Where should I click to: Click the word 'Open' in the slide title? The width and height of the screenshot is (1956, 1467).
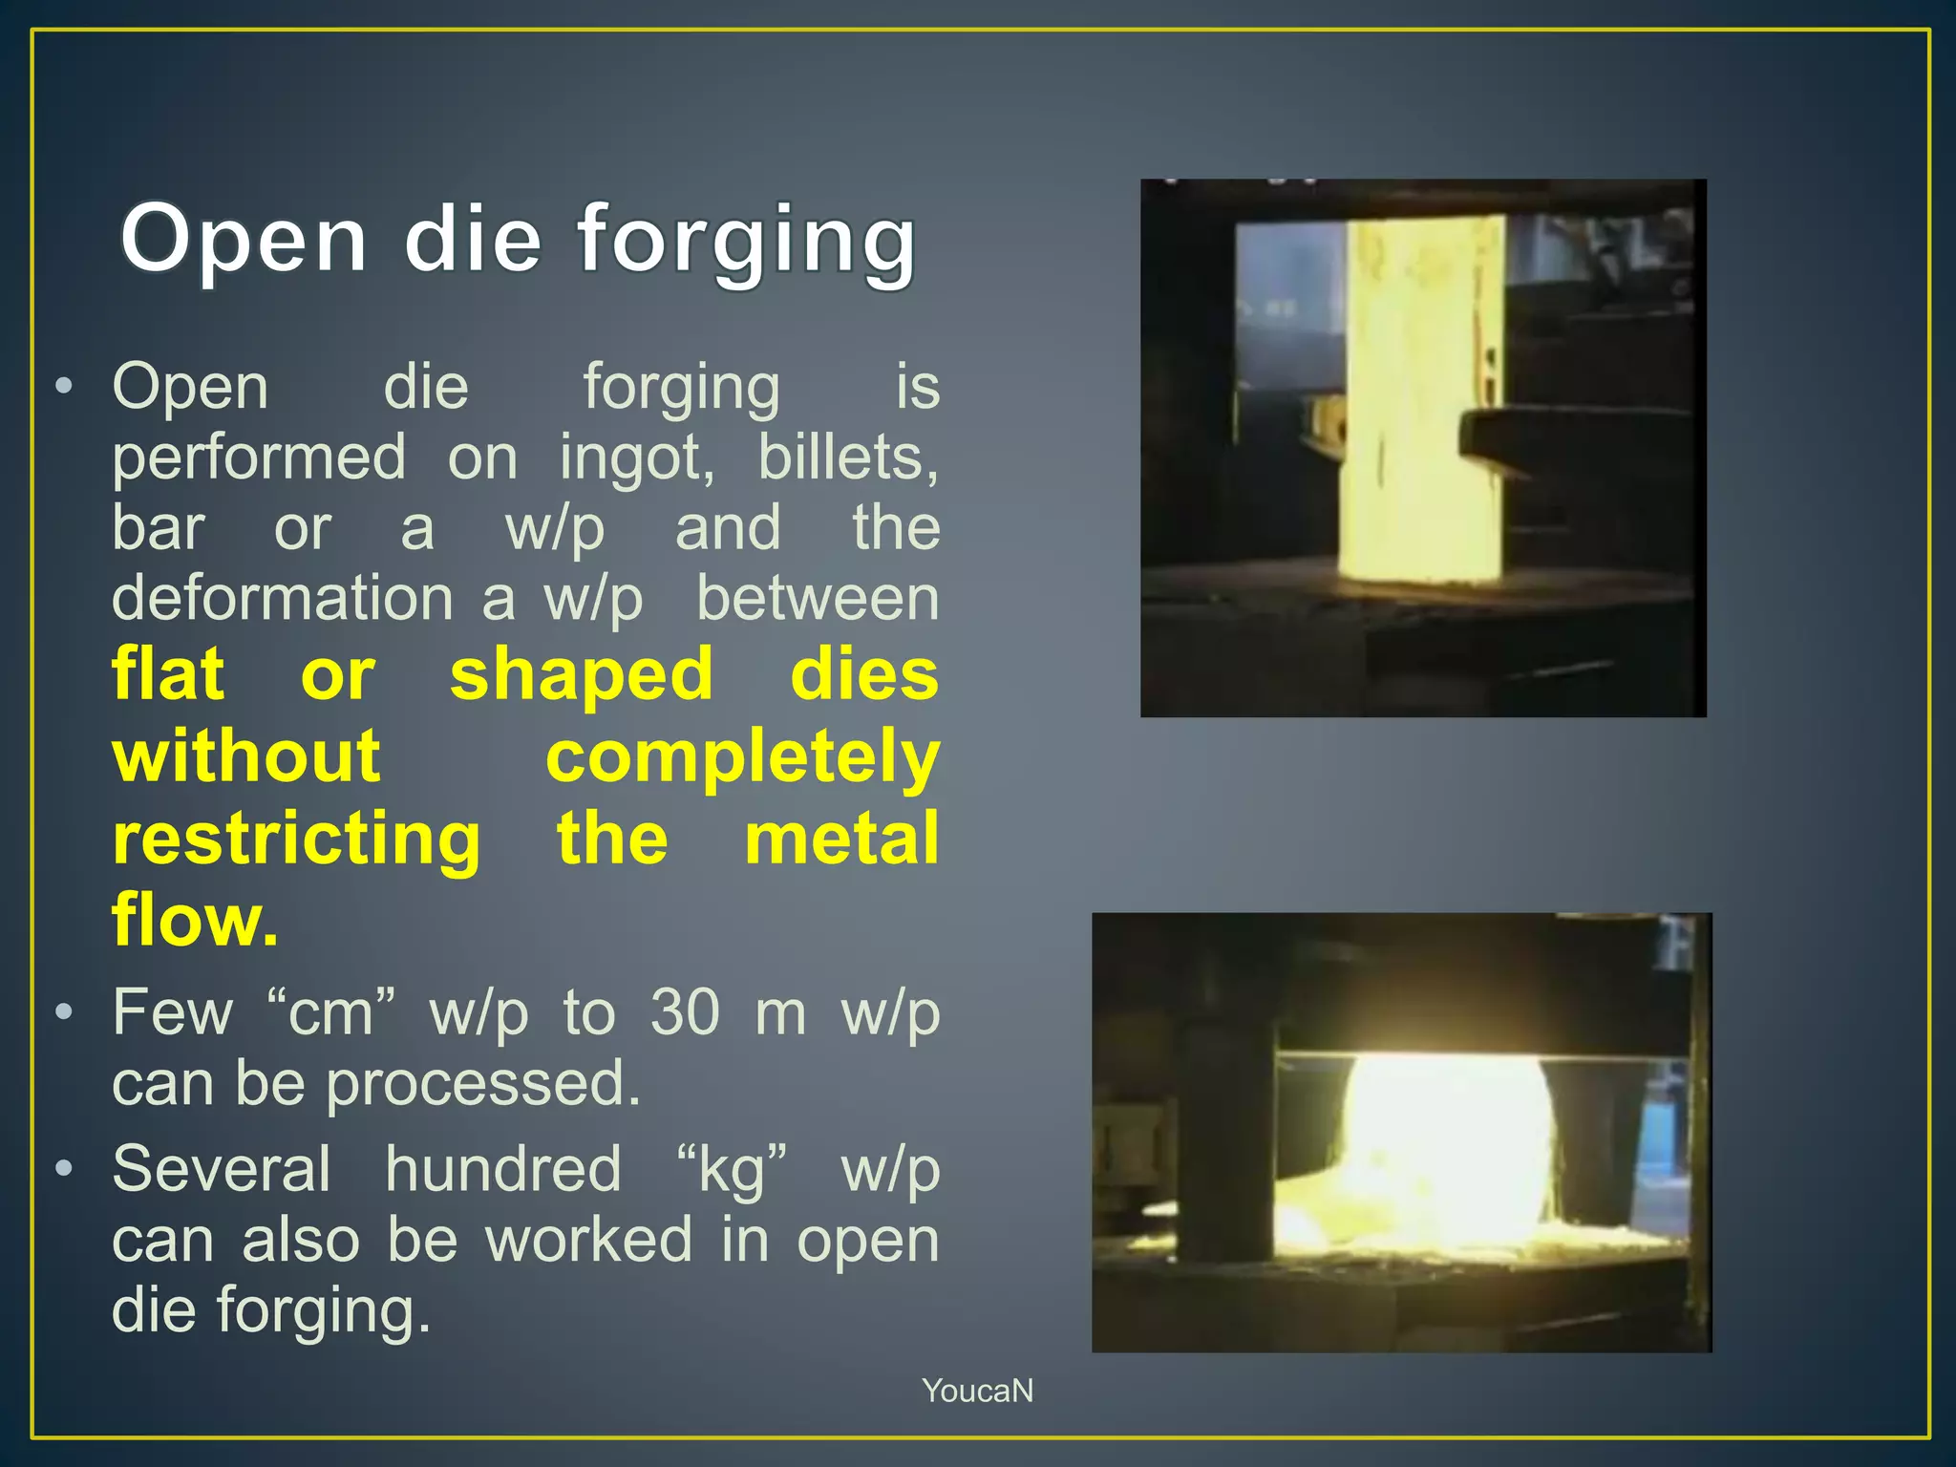244,240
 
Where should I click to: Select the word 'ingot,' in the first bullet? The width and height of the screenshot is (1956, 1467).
636,458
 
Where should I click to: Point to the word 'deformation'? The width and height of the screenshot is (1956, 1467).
283,599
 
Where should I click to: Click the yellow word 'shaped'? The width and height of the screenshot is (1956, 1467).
582,674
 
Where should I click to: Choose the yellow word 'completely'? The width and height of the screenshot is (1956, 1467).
742,757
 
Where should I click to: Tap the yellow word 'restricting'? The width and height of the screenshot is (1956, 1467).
297,840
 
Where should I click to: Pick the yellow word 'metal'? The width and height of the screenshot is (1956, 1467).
841,839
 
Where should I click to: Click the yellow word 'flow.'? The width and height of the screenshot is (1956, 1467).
196,919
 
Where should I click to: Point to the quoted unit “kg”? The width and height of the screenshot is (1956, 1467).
732,1169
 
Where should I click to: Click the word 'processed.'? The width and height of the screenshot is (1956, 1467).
483,1084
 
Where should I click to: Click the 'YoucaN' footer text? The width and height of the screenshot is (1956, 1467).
977,1391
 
